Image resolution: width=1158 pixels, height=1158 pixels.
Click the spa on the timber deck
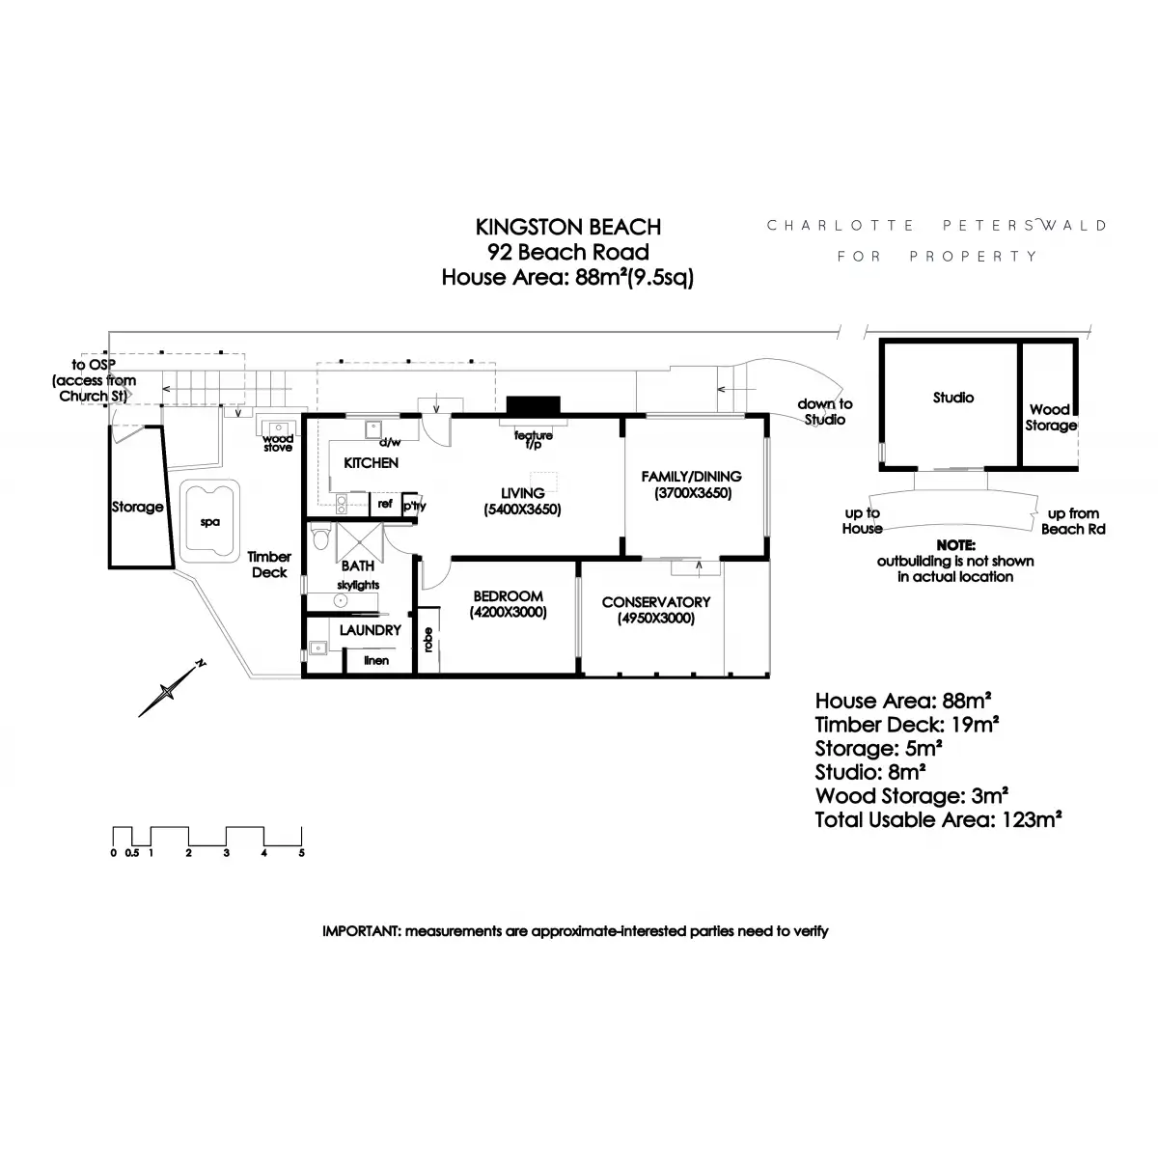click(208, 522)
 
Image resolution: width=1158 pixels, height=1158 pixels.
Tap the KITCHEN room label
click(371, 463)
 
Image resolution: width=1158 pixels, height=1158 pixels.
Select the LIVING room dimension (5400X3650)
click(523, 510)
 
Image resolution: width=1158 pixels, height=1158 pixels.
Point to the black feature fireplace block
click(533, 405)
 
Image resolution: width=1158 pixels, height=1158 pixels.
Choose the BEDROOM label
click(508, 596)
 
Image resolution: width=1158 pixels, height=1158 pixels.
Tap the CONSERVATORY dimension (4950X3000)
click(655, 619)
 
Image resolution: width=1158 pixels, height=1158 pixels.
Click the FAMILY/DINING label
click(691, 476)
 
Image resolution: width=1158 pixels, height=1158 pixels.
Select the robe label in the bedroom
click(427, 639)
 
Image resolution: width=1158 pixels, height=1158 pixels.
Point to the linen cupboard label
click(376, 660)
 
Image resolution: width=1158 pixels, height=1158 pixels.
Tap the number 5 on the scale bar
click(302, 853)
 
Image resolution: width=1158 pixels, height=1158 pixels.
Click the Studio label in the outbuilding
click(952, 398)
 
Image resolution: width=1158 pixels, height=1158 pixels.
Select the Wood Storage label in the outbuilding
click(1050, 417)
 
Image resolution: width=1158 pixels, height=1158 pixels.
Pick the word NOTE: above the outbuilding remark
click(955, 545)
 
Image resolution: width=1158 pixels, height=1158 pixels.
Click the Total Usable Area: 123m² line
click(938, 820)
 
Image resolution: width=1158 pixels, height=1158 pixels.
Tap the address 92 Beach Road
click(567, 253)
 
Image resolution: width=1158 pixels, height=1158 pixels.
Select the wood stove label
click(278, 443)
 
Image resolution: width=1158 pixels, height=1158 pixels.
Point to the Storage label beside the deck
click(137, 507)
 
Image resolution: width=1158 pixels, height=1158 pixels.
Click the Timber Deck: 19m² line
click(906, 725)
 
